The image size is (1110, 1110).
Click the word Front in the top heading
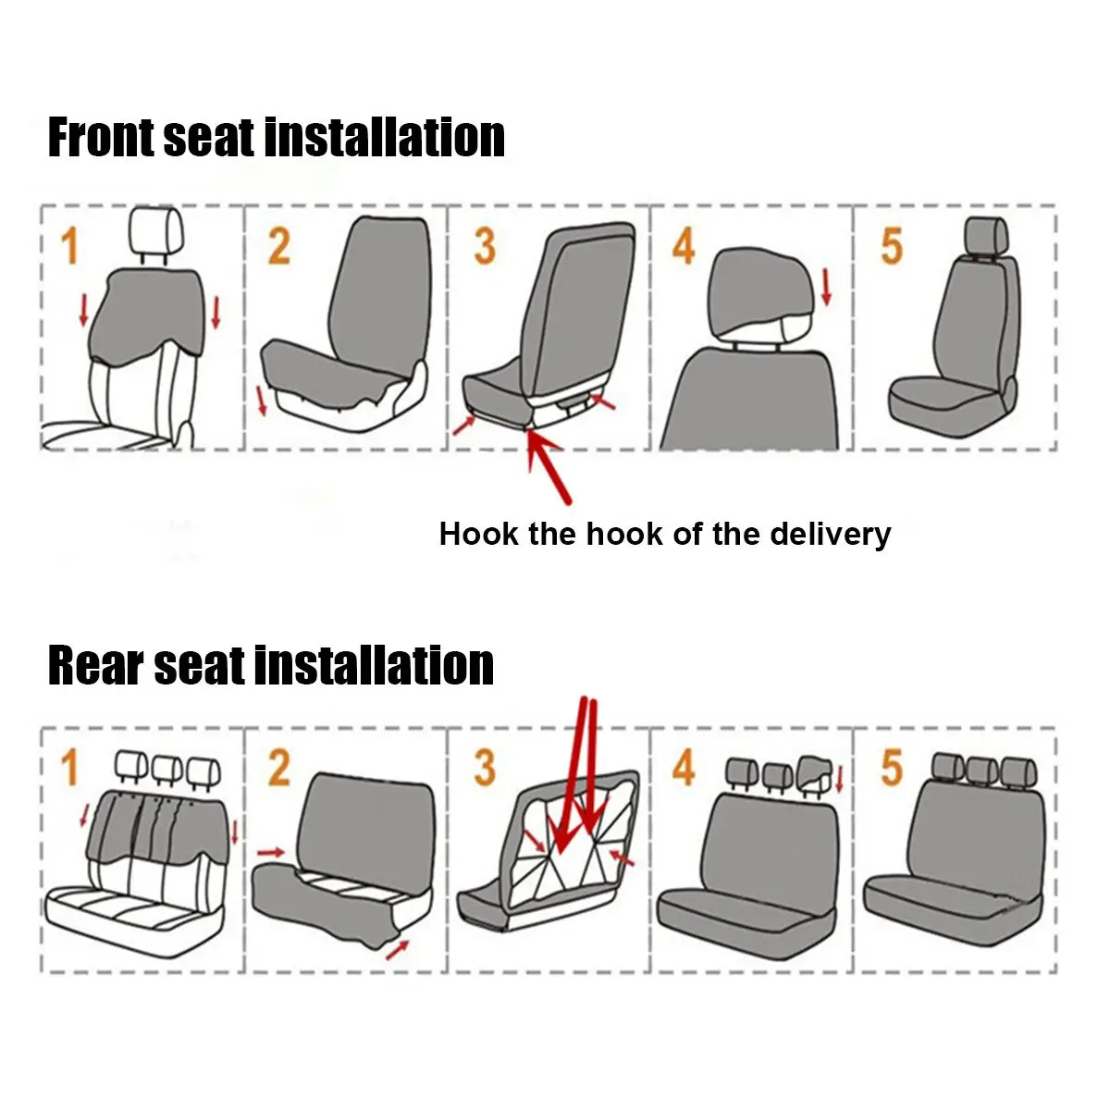coord(102,137)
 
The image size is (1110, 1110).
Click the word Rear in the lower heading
coord(95,665)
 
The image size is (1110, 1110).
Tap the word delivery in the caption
coord(831,536)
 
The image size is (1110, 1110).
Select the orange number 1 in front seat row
coord(69,246)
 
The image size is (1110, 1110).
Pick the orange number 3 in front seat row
coord(485,246)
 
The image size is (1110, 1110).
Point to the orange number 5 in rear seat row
coord(892,768)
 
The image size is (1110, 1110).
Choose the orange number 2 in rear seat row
coord(279,768)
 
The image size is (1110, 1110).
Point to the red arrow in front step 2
coord(262,401)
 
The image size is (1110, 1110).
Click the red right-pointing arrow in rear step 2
coord(271,852)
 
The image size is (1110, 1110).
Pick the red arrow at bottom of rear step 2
coord(397,950)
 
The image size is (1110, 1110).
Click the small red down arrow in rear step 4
coord(839,780)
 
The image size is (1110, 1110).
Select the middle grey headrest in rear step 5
coord(982,771)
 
